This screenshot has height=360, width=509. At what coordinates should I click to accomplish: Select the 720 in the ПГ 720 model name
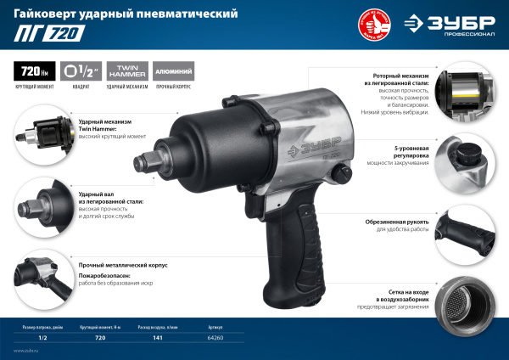tap(59, 35)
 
